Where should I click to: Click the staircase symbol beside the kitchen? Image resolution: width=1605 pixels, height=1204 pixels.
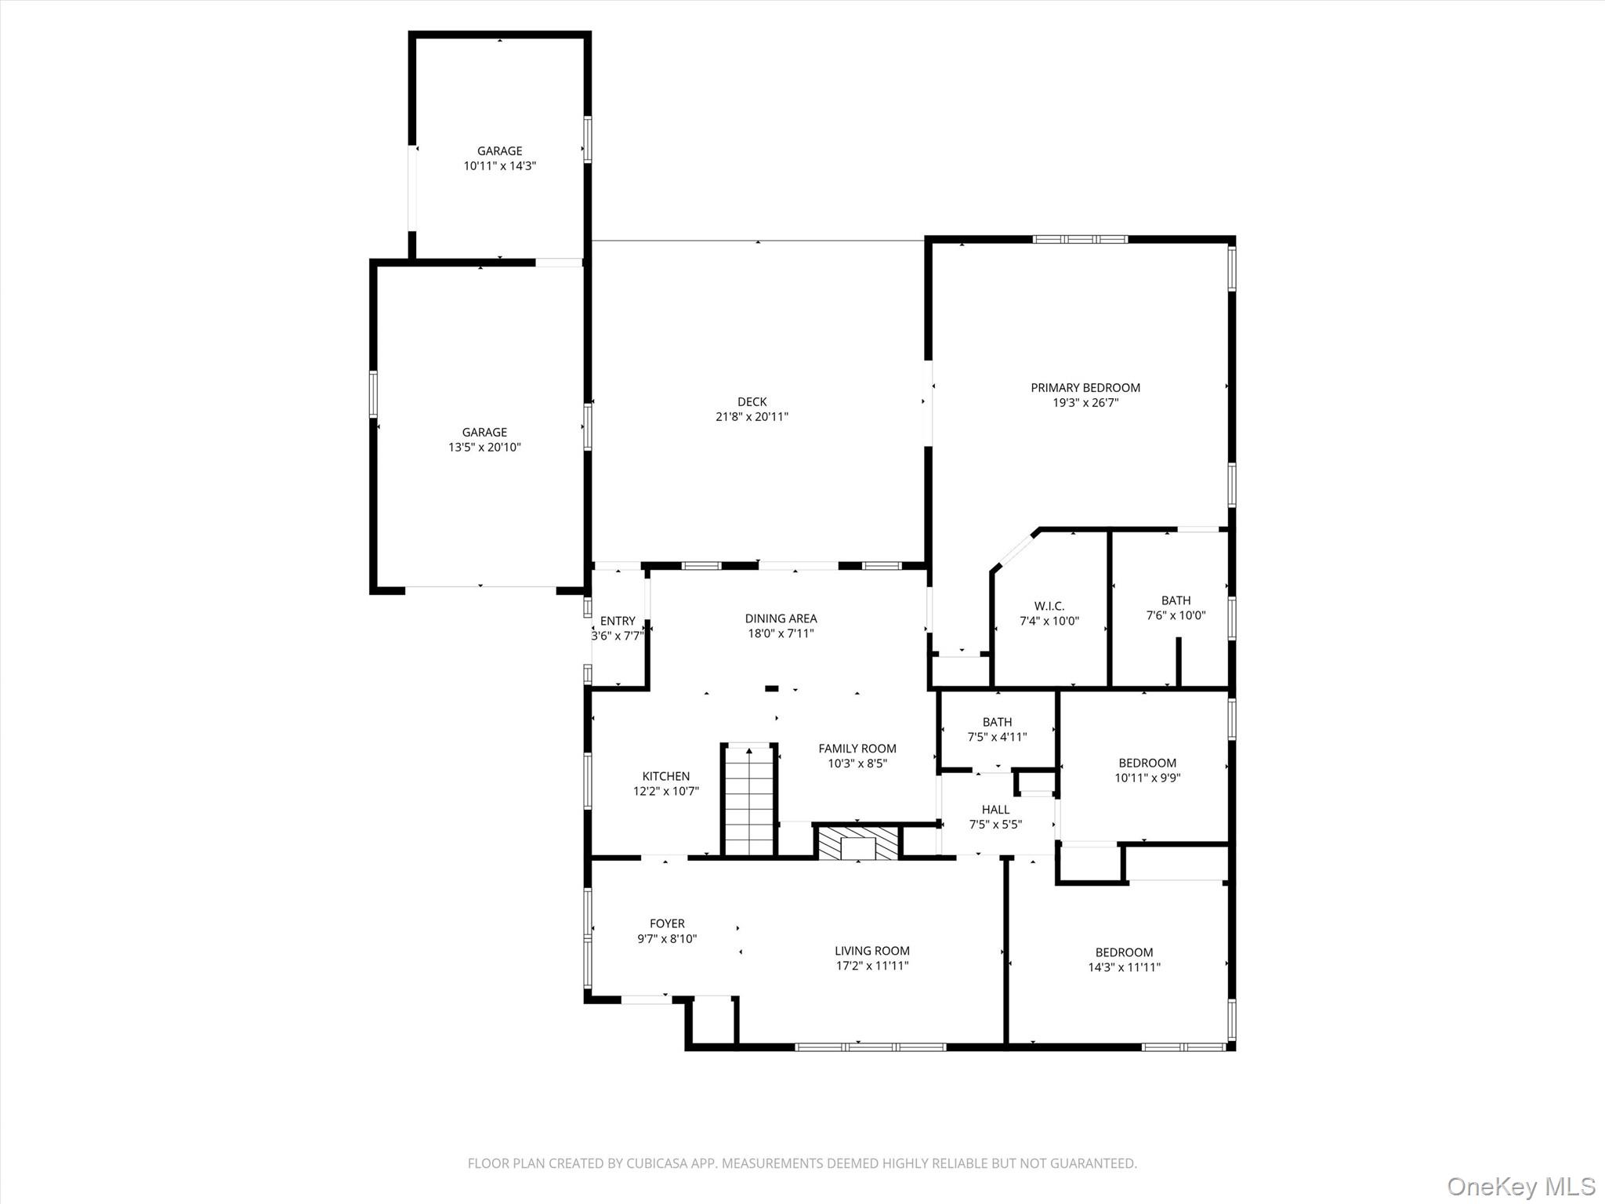[x=750, y=800]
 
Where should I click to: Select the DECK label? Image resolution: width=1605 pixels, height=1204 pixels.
[x=752, y=402]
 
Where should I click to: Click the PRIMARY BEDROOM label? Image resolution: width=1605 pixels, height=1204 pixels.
[x=1085, y=387]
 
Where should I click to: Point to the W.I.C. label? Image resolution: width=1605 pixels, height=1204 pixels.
[x=1049, y=606]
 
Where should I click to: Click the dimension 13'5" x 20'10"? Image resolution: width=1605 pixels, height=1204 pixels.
[x=484, y=448]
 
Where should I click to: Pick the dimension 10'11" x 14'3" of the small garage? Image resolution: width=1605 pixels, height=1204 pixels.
[x=499, y=166]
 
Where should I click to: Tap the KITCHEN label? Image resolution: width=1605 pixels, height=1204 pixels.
[x=666, y=776]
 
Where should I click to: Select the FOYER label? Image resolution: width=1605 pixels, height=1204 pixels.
[x=667, y=923]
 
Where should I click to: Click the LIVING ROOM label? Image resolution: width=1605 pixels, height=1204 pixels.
[x=871, y=951]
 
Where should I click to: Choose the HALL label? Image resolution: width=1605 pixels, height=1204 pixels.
[x=995, y=810]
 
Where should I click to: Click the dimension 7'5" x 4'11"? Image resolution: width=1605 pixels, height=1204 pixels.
[x=997, y=737]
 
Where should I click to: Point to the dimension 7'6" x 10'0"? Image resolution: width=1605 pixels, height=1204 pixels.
[x=1176, y=615]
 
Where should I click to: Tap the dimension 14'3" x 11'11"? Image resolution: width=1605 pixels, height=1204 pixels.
[x=1124, y=967]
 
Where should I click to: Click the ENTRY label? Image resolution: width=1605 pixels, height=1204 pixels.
[x=618, y=621]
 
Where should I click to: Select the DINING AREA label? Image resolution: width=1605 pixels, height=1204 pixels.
[x=781, y=618]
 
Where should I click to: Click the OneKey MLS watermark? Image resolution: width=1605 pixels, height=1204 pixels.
[x=1520, y=1186]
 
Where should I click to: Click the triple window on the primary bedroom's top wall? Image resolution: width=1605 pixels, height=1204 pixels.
[x=1080, y=239]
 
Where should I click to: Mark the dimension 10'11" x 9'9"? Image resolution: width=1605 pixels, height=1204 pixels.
[x=1147, y=778]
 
